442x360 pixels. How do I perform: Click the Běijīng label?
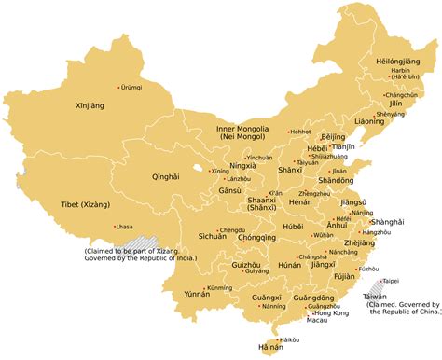click(x=333, y=137)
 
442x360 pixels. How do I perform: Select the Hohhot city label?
click(x=300, y=132)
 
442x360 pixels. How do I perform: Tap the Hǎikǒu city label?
click(x=290, y=340)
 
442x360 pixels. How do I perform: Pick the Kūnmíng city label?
click(x=220, y=288)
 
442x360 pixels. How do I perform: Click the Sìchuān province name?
click(x=213, y=237)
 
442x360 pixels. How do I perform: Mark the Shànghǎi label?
click(x=386, y=222)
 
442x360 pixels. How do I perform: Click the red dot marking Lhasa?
click(x=114, y=227)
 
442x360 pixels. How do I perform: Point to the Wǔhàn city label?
click(x=323, y=235)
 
